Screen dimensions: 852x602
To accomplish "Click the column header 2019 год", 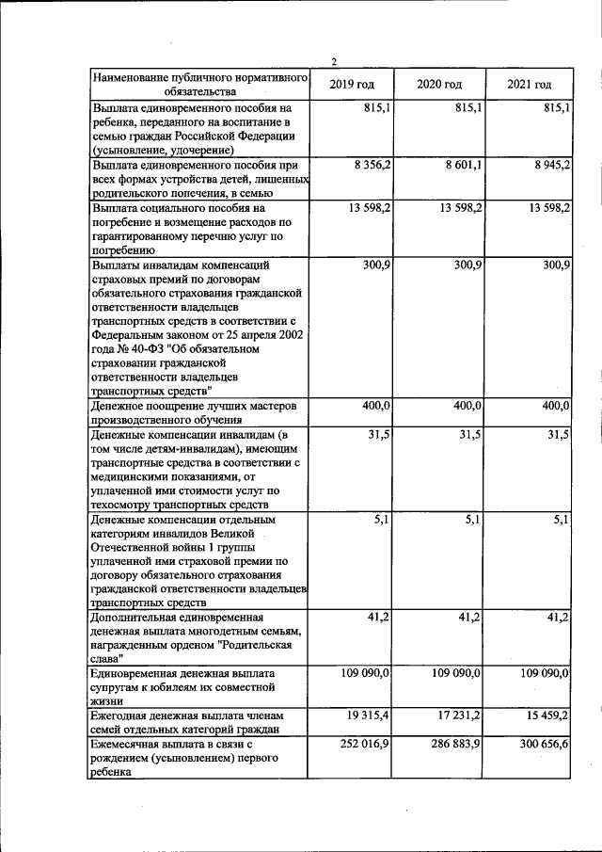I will pyautogui.click(x=352, y=86).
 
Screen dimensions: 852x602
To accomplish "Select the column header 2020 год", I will pyautogui.click(x=439, y=86).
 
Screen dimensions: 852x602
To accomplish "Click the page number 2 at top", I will pyautogui.click(x=333, y=62).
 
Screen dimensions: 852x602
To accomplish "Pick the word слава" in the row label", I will pyautogui.click(x=109, y=659).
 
